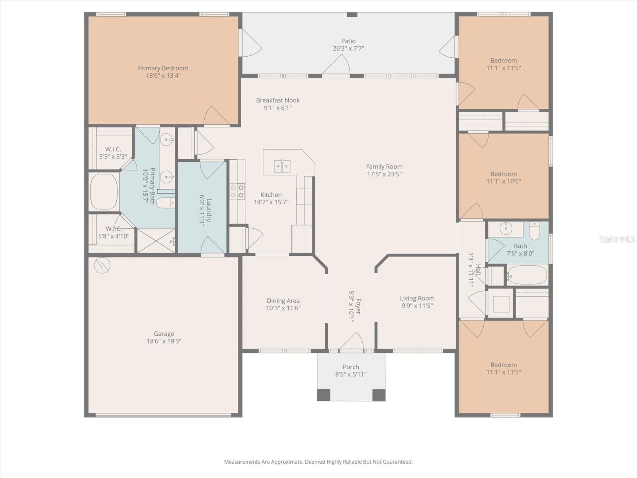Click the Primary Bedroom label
(x=163, y=68)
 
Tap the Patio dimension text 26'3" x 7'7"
(x=348, y=49)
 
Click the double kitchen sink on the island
(x=282, y=166)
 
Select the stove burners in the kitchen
(x=238, y=191)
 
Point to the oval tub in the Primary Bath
(x=104, y=191)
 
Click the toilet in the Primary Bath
(x=165, y=203)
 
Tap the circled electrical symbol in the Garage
(x=102, y=265)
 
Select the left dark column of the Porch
(x=324, y=395)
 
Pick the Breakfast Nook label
(x=278, y=100)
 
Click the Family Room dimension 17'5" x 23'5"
(x=384, y=174)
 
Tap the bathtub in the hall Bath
(x=527, y=275)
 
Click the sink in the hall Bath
(x=506, y=228)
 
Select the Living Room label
(x=417, y=298)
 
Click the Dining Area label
(x=283, y=301)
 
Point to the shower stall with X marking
(x=156, y=241)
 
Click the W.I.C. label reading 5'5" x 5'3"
(x=113, y=157)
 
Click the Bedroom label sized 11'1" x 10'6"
(x=503, y=174)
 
